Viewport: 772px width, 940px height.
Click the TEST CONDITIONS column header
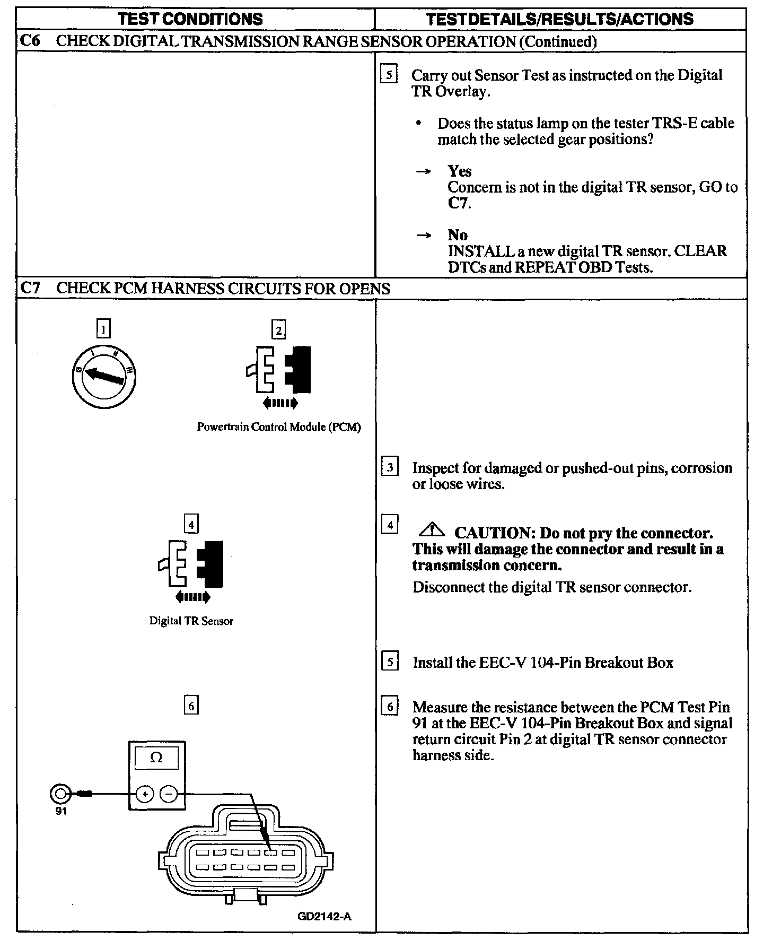190,19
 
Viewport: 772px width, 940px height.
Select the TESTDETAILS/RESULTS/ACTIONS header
560,19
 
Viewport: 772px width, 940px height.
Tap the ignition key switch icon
103,374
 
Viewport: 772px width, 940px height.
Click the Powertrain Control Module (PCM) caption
279,427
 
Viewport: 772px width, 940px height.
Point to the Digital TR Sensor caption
191,621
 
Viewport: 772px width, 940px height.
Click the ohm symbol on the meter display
156,758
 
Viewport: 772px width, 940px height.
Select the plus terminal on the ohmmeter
144,794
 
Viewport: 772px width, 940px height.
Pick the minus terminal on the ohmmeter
169,794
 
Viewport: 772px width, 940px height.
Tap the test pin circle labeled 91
59,794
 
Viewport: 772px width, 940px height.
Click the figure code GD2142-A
324,916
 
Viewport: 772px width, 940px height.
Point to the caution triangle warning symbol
433,529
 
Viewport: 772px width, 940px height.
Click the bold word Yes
460,171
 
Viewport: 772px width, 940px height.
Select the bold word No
458,235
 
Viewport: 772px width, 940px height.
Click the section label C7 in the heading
30,289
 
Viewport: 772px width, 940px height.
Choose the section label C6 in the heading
30,41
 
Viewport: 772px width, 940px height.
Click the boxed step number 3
390,467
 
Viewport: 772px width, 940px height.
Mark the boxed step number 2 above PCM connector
278,330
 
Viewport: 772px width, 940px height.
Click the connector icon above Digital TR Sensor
191,565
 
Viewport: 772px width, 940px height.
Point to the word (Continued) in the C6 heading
558,41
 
